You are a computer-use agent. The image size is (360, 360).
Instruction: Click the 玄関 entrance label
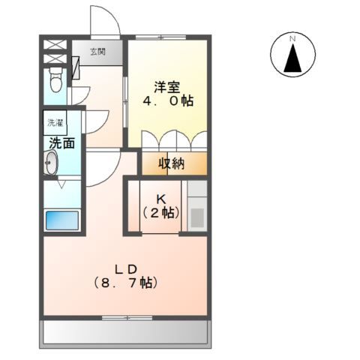pos(98,52)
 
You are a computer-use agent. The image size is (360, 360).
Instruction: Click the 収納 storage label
pos(171,163)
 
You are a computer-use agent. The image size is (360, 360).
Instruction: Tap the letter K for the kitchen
pos(160,199)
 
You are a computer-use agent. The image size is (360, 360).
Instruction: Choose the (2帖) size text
pos(160,213)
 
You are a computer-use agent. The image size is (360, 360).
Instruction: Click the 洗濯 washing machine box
pos(55,122)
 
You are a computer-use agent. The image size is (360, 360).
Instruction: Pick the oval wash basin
pos(51,164)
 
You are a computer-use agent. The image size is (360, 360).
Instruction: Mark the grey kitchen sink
pos(197,217)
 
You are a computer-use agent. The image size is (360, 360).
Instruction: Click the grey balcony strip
pos(124,330)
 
